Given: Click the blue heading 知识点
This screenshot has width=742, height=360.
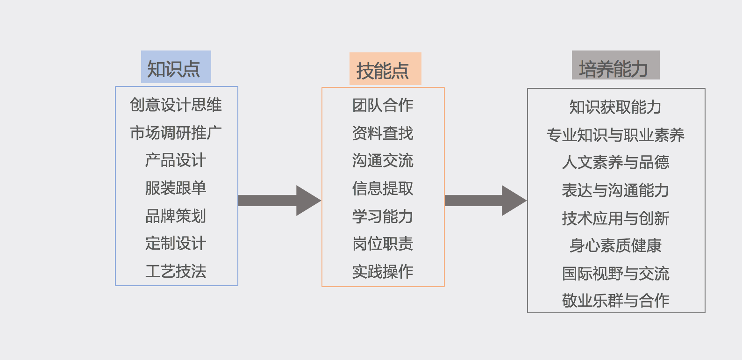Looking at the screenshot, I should click(176, 67).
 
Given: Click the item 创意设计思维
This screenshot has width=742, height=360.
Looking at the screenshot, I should click(176, 105).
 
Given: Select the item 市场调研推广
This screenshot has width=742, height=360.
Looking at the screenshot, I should click(176, 133).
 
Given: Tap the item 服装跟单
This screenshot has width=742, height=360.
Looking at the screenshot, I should click(176, 188).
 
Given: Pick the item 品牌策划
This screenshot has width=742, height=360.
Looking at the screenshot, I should click(176, 216).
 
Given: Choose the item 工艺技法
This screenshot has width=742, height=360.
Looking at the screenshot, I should click(176, 271).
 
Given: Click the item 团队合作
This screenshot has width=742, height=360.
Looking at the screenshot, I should click(383, 105).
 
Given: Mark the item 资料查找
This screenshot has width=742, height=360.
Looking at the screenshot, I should click(383, 133).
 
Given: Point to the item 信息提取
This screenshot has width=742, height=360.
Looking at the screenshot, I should click(383, 188).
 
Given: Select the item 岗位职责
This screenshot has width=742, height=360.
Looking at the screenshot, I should click(383, 244).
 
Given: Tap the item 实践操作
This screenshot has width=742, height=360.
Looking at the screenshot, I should click(383, 272).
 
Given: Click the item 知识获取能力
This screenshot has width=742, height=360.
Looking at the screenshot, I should click(615, 107).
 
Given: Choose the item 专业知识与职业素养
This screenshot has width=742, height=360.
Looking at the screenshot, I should click(615, 135).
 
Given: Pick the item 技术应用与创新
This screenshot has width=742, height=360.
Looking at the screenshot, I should click(615, 218).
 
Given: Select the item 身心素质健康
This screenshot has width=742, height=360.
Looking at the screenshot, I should click(615, 245).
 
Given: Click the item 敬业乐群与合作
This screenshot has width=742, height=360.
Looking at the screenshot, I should click(615, 300).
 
